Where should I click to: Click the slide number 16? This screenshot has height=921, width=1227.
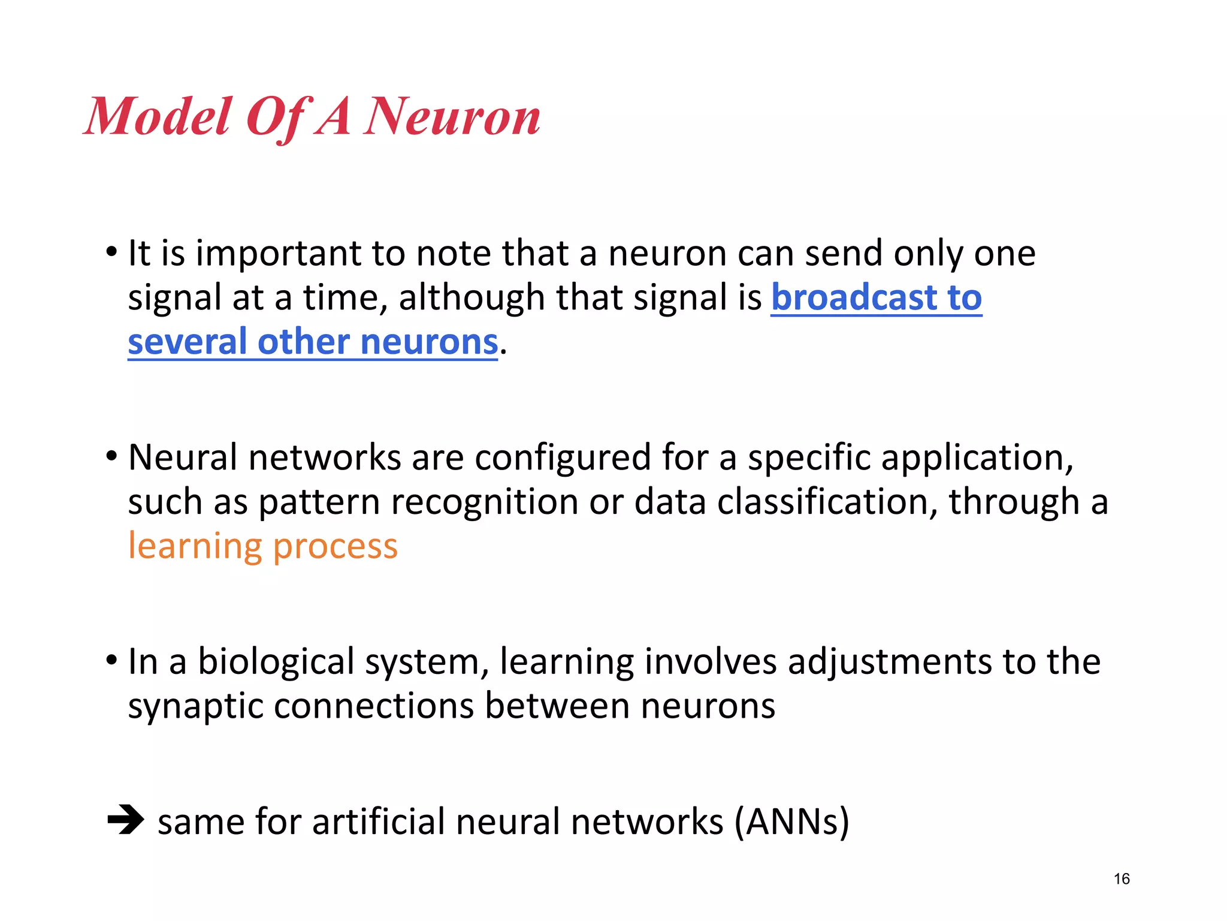[x=1122, y=879]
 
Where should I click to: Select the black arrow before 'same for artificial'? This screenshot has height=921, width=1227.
[x=126, y=820]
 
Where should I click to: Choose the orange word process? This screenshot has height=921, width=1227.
[x=336, y=547]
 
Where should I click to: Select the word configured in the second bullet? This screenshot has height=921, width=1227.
[x=562, y=458]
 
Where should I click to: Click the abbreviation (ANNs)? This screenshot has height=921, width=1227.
[x=792, y=821]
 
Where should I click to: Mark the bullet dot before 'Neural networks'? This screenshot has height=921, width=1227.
[x=111, y=456]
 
